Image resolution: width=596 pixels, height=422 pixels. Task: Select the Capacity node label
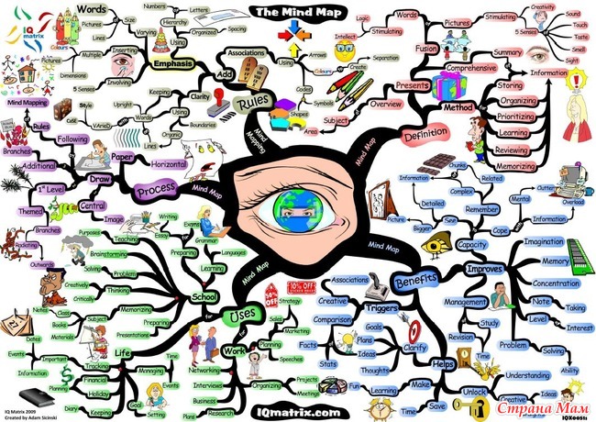pos(471,245)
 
